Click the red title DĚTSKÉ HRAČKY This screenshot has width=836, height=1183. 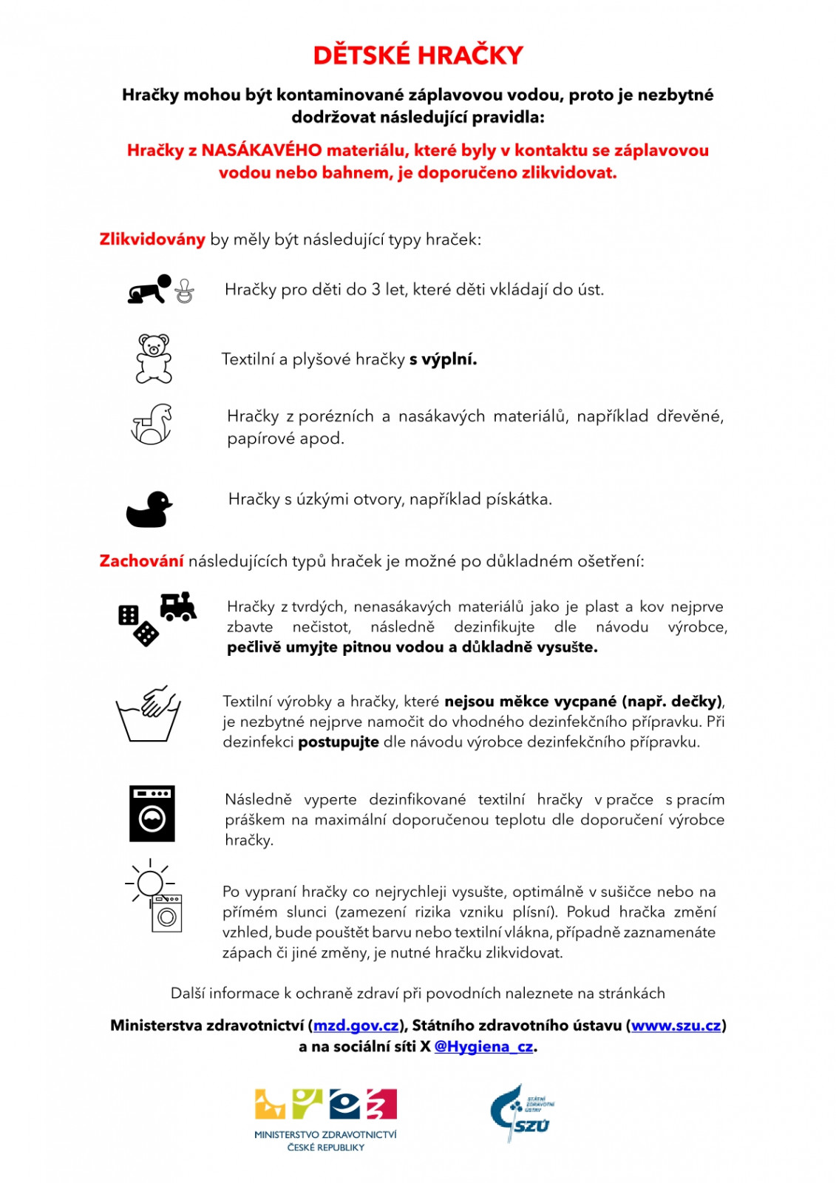tap(418, 55)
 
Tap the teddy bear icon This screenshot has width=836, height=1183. tap(154, 359)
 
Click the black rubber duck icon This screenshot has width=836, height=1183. tap(149, 509)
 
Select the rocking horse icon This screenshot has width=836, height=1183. tap(152, 424)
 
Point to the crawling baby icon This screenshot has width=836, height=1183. tap(149, 290)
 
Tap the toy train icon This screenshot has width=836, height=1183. tap(178, 606)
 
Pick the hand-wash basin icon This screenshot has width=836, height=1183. tap(149, 713)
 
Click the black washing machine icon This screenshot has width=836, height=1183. tap(152, 813)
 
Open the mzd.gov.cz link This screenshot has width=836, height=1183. tap(356, 1026)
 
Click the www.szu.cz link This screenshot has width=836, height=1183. tap(676, 1026)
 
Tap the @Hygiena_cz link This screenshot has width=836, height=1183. tap(483, 1046)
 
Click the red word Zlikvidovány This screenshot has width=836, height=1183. tap(152, 240)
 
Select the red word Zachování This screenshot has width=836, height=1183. tap(141, 561)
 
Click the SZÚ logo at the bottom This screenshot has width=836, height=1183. tap(522, 1114)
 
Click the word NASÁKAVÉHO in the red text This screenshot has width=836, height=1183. tap(262, 151)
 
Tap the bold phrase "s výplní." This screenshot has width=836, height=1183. tap(443, 359)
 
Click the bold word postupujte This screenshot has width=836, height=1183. tap(339, 742)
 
